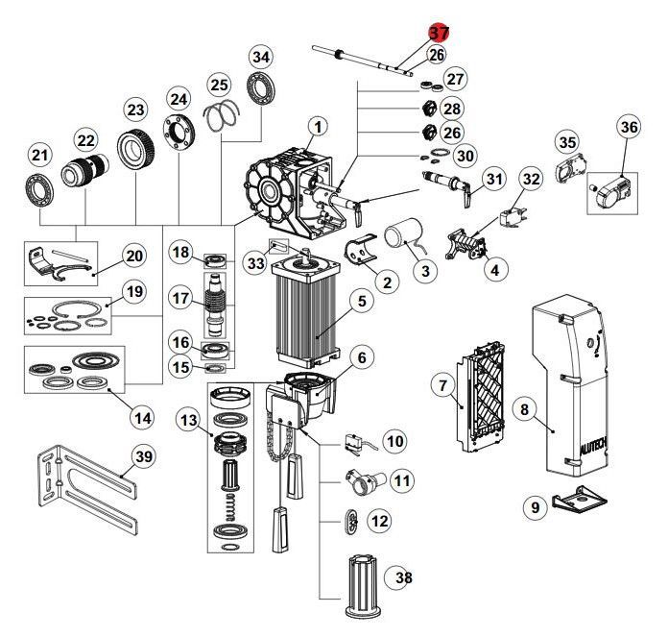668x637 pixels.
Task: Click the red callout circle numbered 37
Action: coord(439,33)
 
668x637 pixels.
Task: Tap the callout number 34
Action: coord(260,57)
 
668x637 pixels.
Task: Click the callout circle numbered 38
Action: coord(400,577)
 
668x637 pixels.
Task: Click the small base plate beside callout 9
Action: coord(583,501)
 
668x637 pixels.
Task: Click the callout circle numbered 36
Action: coord(629,127)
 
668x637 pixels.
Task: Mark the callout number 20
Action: coord(133,257)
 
